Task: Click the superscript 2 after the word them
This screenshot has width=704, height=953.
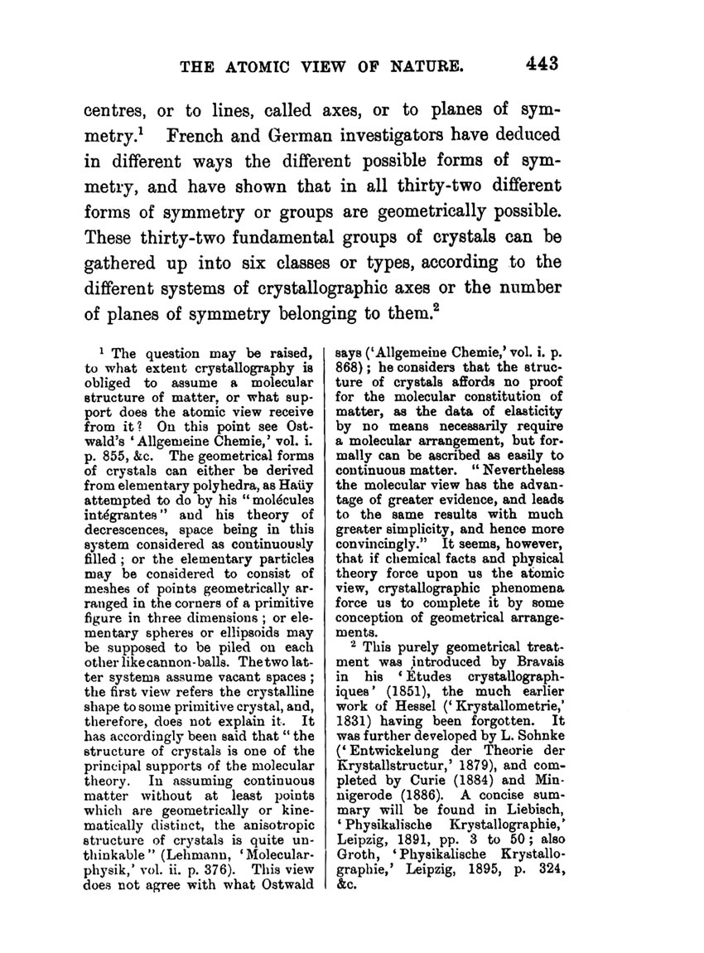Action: click(x=433, y=310)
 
